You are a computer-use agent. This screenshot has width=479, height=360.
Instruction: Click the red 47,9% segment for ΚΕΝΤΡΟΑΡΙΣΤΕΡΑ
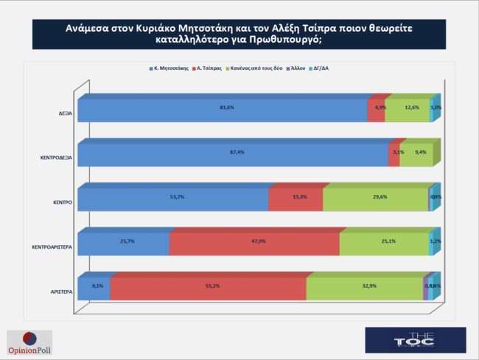point(254,243)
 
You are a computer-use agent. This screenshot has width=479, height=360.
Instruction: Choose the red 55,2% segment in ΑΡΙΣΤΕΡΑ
point(208,288)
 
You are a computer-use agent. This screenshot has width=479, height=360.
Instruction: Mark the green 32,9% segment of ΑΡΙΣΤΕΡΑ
point(364,288)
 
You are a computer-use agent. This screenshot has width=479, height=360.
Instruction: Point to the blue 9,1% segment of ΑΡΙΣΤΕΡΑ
point(94,288)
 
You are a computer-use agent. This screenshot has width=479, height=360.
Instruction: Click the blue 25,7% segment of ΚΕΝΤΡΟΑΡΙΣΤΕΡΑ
point(123,243)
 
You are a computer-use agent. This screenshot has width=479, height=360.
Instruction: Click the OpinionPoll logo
point(30,341)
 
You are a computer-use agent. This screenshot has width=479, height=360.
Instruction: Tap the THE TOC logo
point(416,340)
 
